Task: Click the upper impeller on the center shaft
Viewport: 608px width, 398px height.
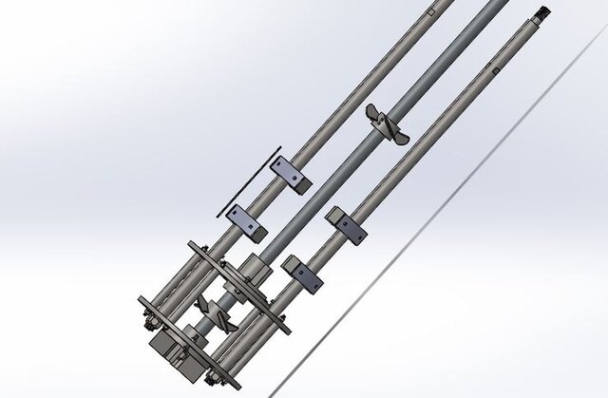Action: (x=388, y=125)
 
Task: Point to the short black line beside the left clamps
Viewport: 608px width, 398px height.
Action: (x=249, y=180)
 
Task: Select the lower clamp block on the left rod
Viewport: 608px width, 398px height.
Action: (x=249, y=221)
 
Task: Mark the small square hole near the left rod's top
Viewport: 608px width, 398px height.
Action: (x=432, y=13)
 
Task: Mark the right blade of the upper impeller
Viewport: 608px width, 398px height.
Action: (x=400, y=139)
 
